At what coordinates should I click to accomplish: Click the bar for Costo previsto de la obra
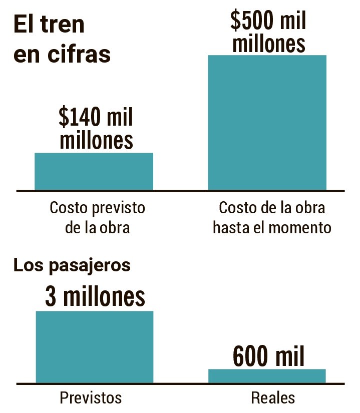[x=94, y=171]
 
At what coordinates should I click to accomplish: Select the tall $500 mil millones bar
[x=267, y=123]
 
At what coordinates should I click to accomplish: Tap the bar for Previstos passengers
[x=94, y=347]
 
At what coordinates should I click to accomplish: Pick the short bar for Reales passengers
[x=267, y=376]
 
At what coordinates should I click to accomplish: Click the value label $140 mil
[x=96, y=117]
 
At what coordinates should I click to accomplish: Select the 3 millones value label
[x=95, y=296]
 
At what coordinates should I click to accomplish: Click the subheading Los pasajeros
[x=72, y=265]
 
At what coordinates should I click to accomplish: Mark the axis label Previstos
[x=91, y=398]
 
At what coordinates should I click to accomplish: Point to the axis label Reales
[x=273, y=398]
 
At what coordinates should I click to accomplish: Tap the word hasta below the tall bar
[x=231, y=228]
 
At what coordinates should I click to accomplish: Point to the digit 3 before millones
[x=51, y=296]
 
